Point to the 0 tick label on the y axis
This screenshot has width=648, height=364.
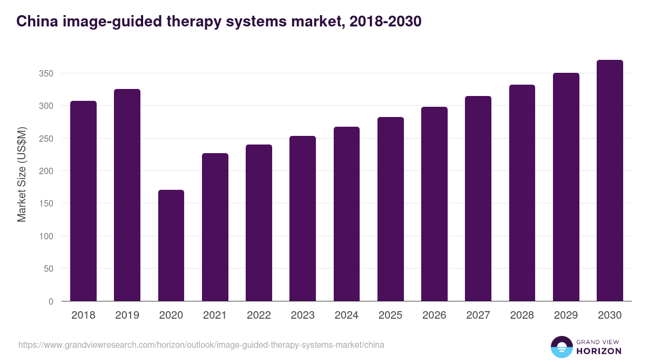click(51, 301)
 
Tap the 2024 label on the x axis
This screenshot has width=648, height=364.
click(346, 315)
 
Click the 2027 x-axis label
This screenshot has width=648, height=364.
click(478, 315)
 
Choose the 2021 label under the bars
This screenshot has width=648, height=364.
click(215, 315)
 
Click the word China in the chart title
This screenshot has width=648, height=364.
click(35, 22)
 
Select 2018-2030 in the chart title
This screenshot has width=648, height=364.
click(385, 22)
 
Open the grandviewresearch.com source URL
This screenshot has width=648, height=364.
click(201, 345)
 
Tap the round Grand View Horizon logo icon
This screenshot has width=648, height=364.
click(561, 347)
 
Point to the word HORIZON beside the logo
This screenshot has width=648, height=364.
click(599, 351)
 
